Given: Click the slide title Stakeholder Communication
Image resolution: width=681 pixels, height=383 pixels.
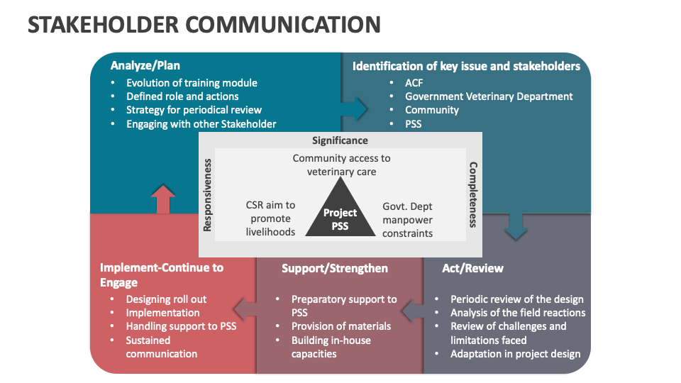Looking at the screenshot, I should pyautogui.click(x=204, y=24).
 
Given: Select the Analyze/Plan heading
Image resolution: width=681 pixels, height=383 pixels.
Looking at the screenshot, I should pyautogui.click(x=145, y=66).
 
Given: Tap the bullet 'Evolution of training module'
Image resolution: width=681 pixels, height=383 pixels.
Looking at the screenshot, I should pyautogui.click(x=192, y=83).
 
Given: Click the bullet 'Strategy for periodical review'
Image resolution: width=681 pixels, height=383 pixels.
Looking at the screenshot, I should pyautogui.click(x=194, y=110).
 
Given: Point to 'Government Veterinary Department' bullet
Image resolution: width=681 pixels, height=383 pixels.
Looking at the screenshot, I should pyautogui.click(x=489, y=96).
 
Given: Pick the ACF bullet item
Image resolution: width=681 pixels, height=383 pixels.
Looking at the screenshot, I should pyautogui.click(x=414, y=83).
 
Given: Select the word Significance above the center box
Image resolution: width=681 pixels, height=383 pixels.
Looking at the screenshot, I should pyautogui.click(x=340, y=140).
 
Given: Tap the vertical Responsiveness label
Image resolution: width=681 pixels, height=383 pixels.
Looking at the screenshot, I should pyautogui.click(x=208, y=194).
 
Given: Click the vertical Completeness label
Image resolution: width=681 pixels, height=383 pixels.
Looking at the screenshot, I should pyautogui.click(x=473, y=194).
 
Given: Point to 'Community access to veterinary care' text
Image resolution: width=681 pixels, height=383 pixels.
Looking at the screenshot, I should pyautogui.click(x=341, y=165).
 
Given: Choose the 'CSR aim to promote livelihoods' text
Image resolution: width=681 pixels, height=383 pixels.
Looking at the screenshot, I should pyautogui.click(x=270, y=218).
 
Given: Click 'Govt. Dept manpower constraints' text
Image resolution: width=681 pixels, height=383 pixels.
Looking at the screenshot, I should pyautogui.click(x=407, y=219).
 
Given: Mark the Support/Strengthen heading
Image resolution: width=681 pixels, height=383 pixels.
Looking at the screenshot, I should pyautogui.click(x=335, y=268).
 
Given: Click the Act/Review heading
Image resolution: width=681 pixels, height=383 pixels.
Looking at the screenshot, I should pyautogui.click(x=472, y=268).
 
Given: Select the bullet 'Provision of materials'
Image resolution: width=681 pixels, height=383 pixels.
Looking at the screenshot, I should pyautogui.click(x=341, y=326).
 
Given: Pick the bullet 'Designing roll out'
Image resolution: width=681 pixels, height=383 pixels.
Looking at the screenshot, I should pyautogui.click(x=166, y=299).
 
